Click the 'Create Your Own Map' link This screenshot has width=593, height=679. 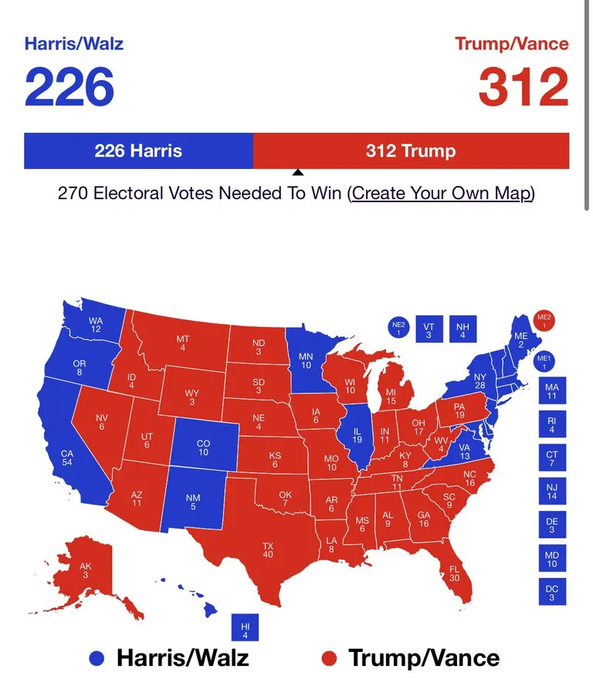coord(441,193)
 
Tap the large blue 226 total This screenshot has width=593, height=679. coord(69,87)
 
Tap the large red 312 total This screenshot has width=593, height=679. coord(523,87)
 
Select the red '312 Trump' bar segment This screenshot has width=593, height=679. coord(411,150)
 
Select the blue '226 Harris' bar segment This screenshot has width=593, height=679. coord(138,150)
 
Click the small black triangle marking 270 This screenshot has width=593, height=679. coord(297,174)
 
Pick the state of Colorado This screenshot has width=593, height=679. coord(203,448)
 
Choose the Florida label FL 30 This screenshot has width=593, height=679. coord(454,573)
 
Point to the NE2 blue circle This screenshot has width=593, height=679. coord(398,329)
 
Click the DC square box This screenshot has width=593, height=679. coord(551,592)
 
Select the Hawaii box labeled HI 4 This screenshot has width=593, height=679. coord(245,629)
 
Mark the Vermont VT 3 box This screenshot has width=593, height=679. coord(429,330)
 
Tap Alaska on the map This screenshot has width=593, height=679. coord(86,571)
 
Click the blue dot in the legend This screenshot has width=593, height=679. coord(97,658)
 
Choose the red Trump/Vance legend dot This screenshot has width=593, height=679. coord(330,658)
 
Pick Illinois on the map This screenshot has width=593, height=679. coord(357,434)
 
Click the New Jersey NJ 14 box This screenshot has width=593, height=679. coord(551,491)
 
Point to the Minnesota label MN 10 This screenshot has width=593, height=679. coord(306,360)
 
